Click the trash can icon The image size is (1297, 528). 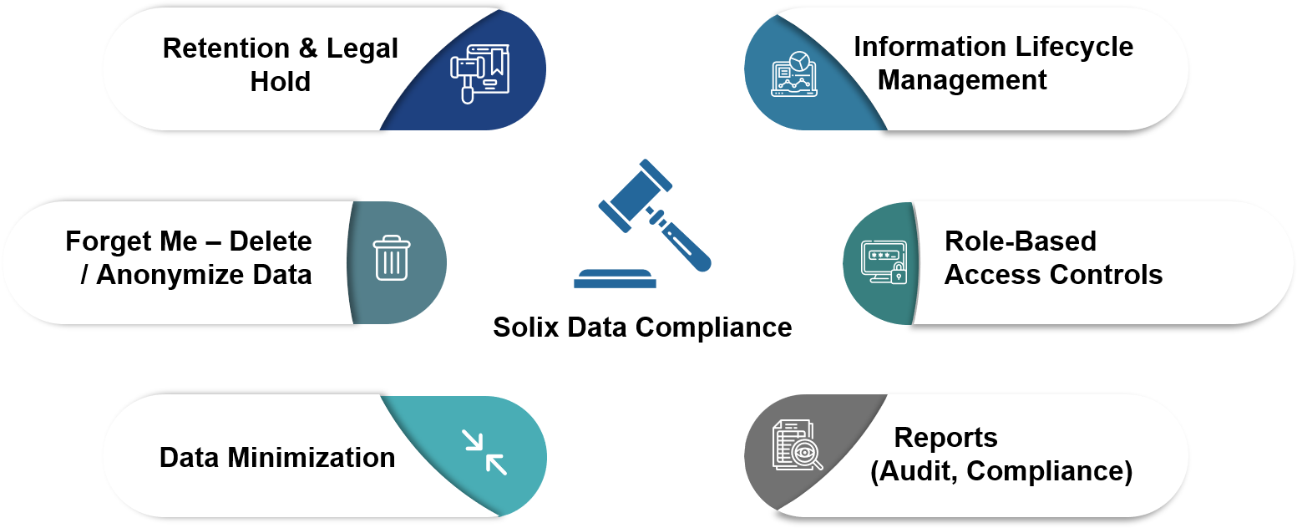click(391, 257)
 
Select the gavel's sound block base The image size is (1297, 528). click(615, 279)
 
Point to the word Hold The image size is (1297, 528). click(281, 82)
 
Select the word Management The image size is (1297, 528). click(962, 80)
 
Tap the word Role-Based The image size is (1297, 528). click(1020, 241)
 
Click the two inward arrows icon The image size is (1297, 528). click(485, 452)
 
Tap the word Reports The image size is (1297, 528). click(945, 438)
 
